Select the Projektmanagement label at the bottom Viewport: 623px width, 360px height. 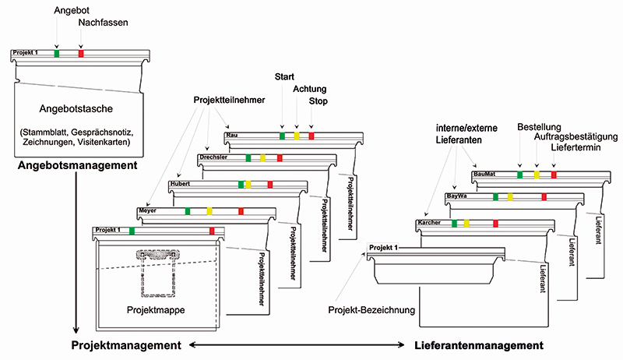click(125, 344)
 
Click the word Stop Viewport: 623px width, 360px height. click(318, 102)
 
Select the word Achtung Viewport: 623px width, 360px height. click(309, 89)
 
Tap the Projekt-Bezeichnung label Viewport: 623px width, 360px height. click(371, 310)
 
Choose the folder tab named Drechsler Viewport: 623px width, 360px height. click(213, 158)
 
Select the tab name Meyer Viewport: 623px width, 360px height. click(147, 210)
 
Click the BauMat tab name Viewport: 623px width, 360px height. click(484, 174)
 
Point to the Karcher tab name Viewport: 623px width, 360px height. click(429, 223)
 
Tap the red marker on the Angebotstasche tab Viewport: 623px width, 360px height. click(81, 53)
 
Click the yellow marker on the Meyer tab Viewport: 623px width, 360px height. click(209, 211)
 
